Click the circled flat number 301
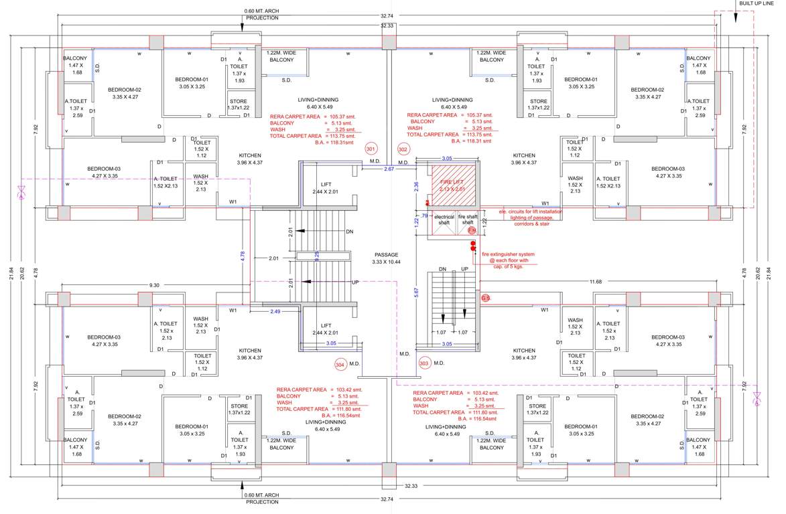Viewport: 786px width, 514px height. pos(371,149)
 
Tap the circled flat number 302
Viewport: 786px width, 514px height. pos(403,149)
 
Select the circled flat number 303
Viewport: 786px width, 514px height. pos(423,363)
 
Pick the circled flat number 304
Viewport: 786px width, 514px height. pos(340,364)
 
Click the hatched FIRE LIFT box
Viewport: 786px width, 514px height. pos(452,185)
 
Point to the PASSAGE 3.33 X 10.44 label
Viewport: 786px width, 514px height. pos(387,258)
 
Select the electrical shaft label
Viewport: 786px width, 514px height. pos(444,220)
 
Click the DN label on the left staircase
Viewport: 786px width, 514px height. pos(349,232)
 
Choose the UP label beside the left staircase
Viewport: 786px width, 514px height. pos(355,282)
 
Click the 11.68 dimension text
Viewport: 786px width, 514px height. pos(596,282)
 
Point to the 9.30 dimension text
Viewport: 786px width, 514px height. pos(154,285)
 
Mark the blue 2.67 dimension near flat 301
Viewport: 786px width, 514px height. pos(389,169)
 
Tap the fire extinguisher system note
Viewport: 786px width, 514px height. pos(508,260)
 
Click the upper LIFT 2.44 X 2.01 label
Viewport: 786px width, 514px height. pos(326,188)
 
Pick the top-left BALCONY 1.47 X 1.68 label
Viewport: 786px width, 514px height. pos(75,65)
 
